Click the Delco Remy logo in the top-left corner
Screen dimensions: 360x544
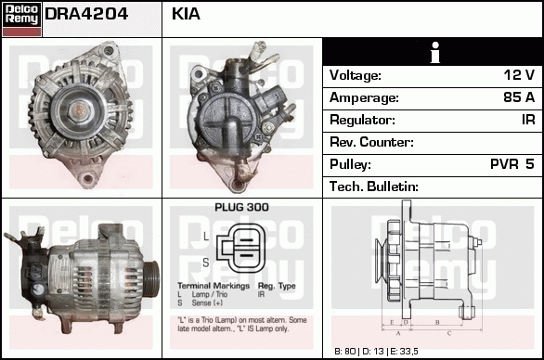21,18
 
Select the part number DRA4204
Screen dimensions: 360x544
86,16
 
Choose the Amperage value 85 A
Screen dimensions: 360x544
516,97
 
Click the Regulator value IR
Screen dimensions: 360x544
526,120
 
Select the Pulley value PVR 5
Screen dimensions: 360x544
512,164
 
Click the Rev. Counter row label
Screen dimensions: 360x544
371,142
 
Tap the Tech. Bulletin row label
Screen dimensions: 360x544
373,186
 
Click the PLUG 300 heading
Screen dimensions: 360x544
240,209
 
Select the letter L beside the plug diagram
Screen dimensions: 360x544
206,237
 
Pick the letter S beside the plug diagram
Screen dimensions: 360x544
206,261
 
